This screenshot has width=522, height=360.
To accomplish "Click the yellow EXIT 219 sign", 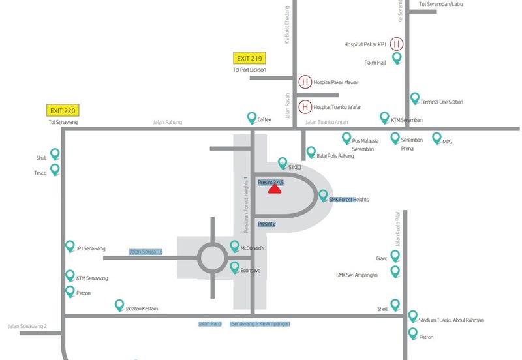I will coord(248,59).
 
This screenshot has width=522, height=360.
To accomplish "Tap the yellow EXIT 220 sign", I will coord(63,111).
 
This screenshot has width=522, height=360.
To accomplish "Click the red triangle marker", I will coord(275,189).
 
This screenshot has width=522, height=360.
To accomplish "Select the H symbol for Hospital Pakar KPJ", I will coord(397,44).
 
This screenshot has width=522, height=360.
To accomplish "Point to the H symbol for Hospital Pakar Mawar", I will coord(305,82).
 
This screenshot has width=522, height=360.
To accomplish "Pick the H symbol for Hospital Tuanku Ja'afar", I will coord(305,107).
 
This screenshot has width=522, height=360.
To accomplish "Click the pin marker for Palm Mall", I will coord(396,59).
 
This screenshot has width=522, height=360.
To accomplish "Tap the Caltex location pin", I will coord(252,117).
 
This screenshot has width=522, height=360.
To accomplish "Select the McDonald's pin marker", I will coord(235,246).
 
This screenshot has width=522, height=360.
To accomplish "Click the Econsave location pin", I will coord(235,267).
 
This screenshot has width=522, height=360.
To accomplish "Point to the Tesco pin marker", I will coord(55,169).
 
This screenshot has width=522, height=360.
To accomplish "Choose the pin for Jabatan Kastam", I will coord(119,305).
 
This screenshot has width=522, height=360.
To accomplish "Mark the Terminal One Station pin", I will coord(414,98).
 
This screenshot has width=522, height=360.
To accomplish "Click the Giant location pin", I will coord(395,256).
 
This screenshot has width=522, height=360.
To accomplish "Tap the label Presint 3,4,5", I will coord(270,183).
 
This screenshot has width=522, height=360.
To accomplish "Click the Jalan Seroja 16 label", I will coord(146,252).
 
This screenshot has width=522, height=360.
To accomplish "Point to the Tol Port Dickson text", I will coord(249,70).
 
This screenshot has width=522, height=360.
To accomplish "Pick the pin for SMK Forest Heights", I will coord(322,195).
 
